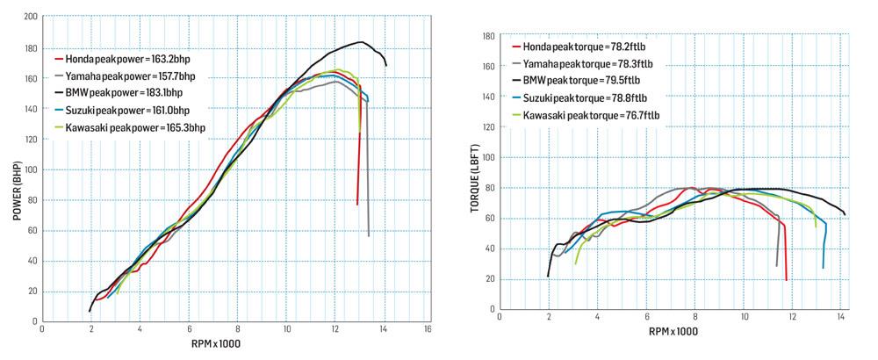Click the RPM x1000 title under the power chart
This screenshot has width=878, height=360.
215,343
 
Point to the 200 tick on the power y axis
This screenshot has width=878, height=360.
31,17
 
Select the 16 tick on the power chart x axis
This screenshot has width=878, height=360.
428,329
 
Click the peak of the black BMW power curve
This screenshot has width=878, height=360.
361,42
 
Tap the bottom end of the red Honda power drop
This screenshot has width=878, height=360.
357,205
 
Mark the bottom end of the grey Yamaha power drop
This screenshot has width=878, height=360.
369,235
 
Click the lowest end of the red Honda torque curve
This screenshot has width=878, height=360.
787,280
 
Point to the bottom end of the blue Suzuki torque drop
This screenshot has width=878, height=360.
823,268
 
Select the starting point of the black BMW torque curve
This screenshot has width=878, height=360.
548,277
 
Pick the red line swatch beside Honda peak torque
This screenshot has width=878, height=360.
516,47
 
